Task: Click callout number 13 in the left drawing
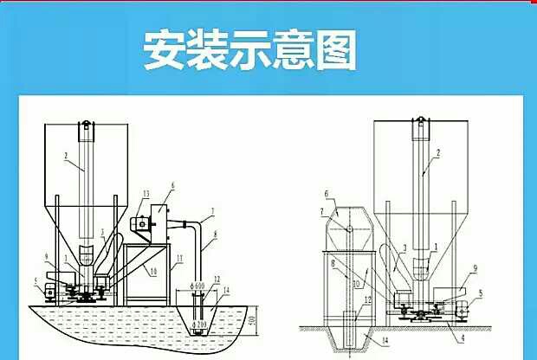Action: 146,192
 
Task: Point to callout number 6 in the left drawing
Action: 172,185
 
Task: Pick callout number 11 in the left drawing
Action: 179,258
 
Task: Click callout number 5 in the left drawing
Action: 35,280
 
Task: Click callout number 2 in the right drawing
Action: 438,152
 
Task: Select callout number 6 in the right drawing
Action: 327,193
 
